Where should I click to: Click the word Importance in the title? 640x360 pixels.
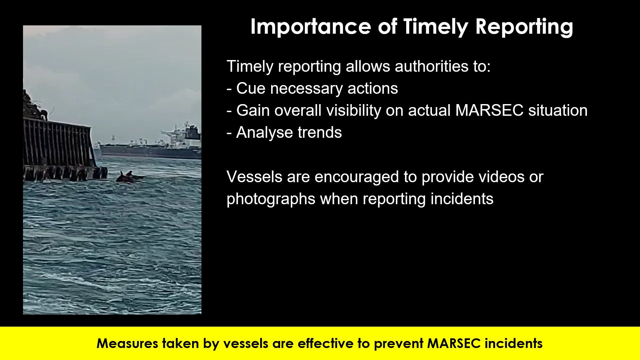point(310,27)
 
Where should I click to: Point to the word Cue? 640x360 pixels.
point(250,88)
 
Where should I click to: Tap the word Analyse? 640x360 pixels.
point(264,133)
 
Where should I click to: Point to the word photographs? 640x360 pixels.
point(271,199)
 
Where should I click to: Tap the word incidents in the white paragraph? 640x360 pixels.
point(462,199)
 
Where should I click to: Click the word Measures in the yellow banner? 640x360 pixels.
point(127,343)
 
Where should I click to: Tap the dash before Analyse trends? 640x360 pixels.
point(229,133)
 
